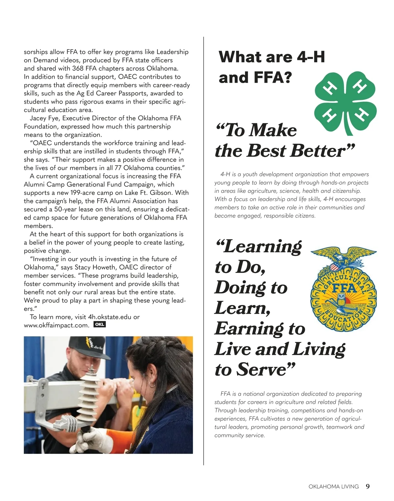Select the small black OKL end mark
(x=99, y=324)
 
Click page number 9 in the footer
(x=368, y=486)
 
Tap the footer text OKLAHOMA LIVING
(x=333, y=487)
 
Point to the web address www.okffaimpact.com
(x=56, y=325)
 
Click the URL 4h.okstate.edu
(x=110, y=317)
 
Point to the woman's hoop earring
(x=152, y=384)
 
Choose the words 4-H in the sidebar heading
(x=311, y=57)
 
